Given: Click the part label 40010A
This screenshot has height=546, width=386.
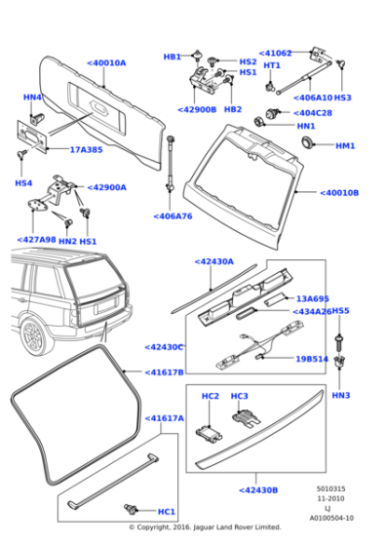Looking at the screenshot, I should (x=107, y=62).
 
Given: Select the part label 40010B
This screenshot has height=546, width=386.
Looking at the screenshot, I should (x=340, y=193).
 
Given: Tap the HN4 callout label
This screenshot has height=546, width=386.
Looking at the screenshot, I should (x=32, y=97).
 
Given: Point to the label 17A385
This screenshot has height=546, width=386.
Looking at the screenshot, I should (x=86, y=149).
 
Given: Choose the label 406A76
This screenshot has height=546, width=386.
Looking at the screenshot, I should (x=173, y=217).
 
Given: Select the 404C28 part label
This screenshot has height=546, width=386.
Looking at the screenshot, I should (x=311, y=113).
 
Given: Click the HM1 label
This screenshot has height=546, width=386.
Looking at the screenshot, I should (x=345, y=145).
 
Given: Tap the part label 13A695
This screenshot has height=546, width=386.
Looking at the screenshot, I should (x=314, y=299).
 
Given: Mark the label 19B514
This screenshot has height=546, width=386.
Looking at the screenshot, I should (x=313, y=359).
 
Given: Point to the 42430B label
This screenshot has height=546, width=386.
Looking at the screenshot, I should (x=258, y=490).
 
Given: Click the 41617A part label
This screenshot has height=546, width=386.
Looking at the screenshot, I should (x=165, y=417).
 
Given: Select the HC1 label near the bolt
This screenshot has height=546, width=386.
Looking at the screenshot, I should (x=167, y=511).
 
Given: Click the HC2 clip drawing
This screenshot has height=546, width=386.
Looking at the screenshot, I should (x=209, y=433).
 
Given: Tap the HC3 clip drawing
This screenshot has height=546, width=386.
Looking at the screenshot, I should (x=241, y=416).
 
